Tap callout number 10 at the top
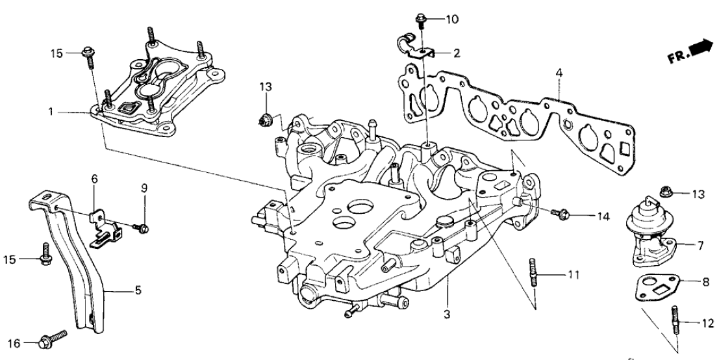tap(451, 19)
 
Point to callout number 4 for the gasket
tap(558, 71)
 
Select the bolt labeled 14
tap(560, 212)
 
